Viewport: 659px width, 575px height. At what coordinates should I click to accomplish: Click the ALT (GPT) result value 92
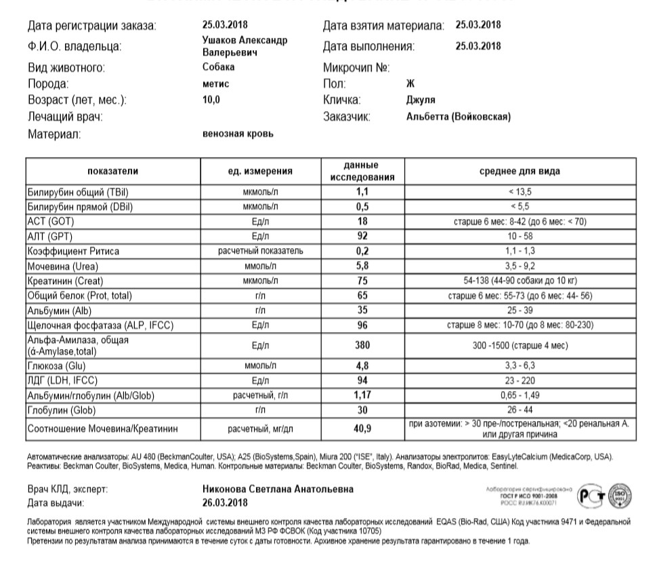tap(362, 237)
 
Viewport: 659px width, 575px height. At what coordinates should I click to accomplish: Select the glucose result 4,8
tap(362, 365)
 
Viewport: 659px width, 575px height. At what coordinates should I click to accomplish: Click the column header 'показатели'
tap(112, 171)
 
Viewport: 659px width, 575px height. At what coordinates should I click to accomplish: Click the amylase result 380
tap(362, 344)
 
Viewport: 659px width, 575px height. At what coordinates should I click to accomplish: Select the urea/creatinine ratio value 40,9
tap(362, 429)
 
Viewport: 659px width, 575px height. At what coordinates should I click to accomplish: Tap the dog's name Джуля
tap(420, 100)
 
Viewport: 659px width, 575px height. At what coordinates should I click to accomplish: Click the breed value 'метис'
tap(216, 84)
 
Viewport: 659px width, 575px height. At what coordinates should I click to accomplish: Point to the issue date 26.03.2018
tap(225, 503)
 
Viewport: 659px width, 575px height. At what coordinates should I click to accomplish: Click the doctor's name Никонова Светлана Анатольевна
tap(278, 489)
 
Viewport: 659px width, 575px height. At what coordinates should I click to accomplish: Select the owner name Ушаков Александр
tap(245, 41)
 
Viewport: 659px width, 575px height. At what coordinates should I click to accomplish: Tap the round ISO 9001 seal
tap(618, 496)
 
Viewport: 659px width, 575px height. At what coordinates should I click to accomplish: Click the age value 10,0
tap(211, 100)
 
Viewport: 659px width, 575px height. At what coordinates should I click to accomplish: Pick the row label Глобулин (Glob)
tap(61, 410)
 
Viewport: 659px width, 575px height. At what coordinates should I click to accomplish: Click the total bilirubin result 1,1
tap(362, 192)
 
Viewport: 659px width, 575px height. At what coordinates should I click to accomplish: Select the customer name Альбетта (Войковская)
tap(459, 117)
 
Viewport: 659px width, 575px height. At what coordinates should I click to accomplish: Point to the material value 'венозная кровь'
tap(238, 134)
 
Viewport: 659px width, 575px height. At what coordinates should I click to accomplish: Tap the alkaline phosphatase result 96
tap(362, 325)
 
